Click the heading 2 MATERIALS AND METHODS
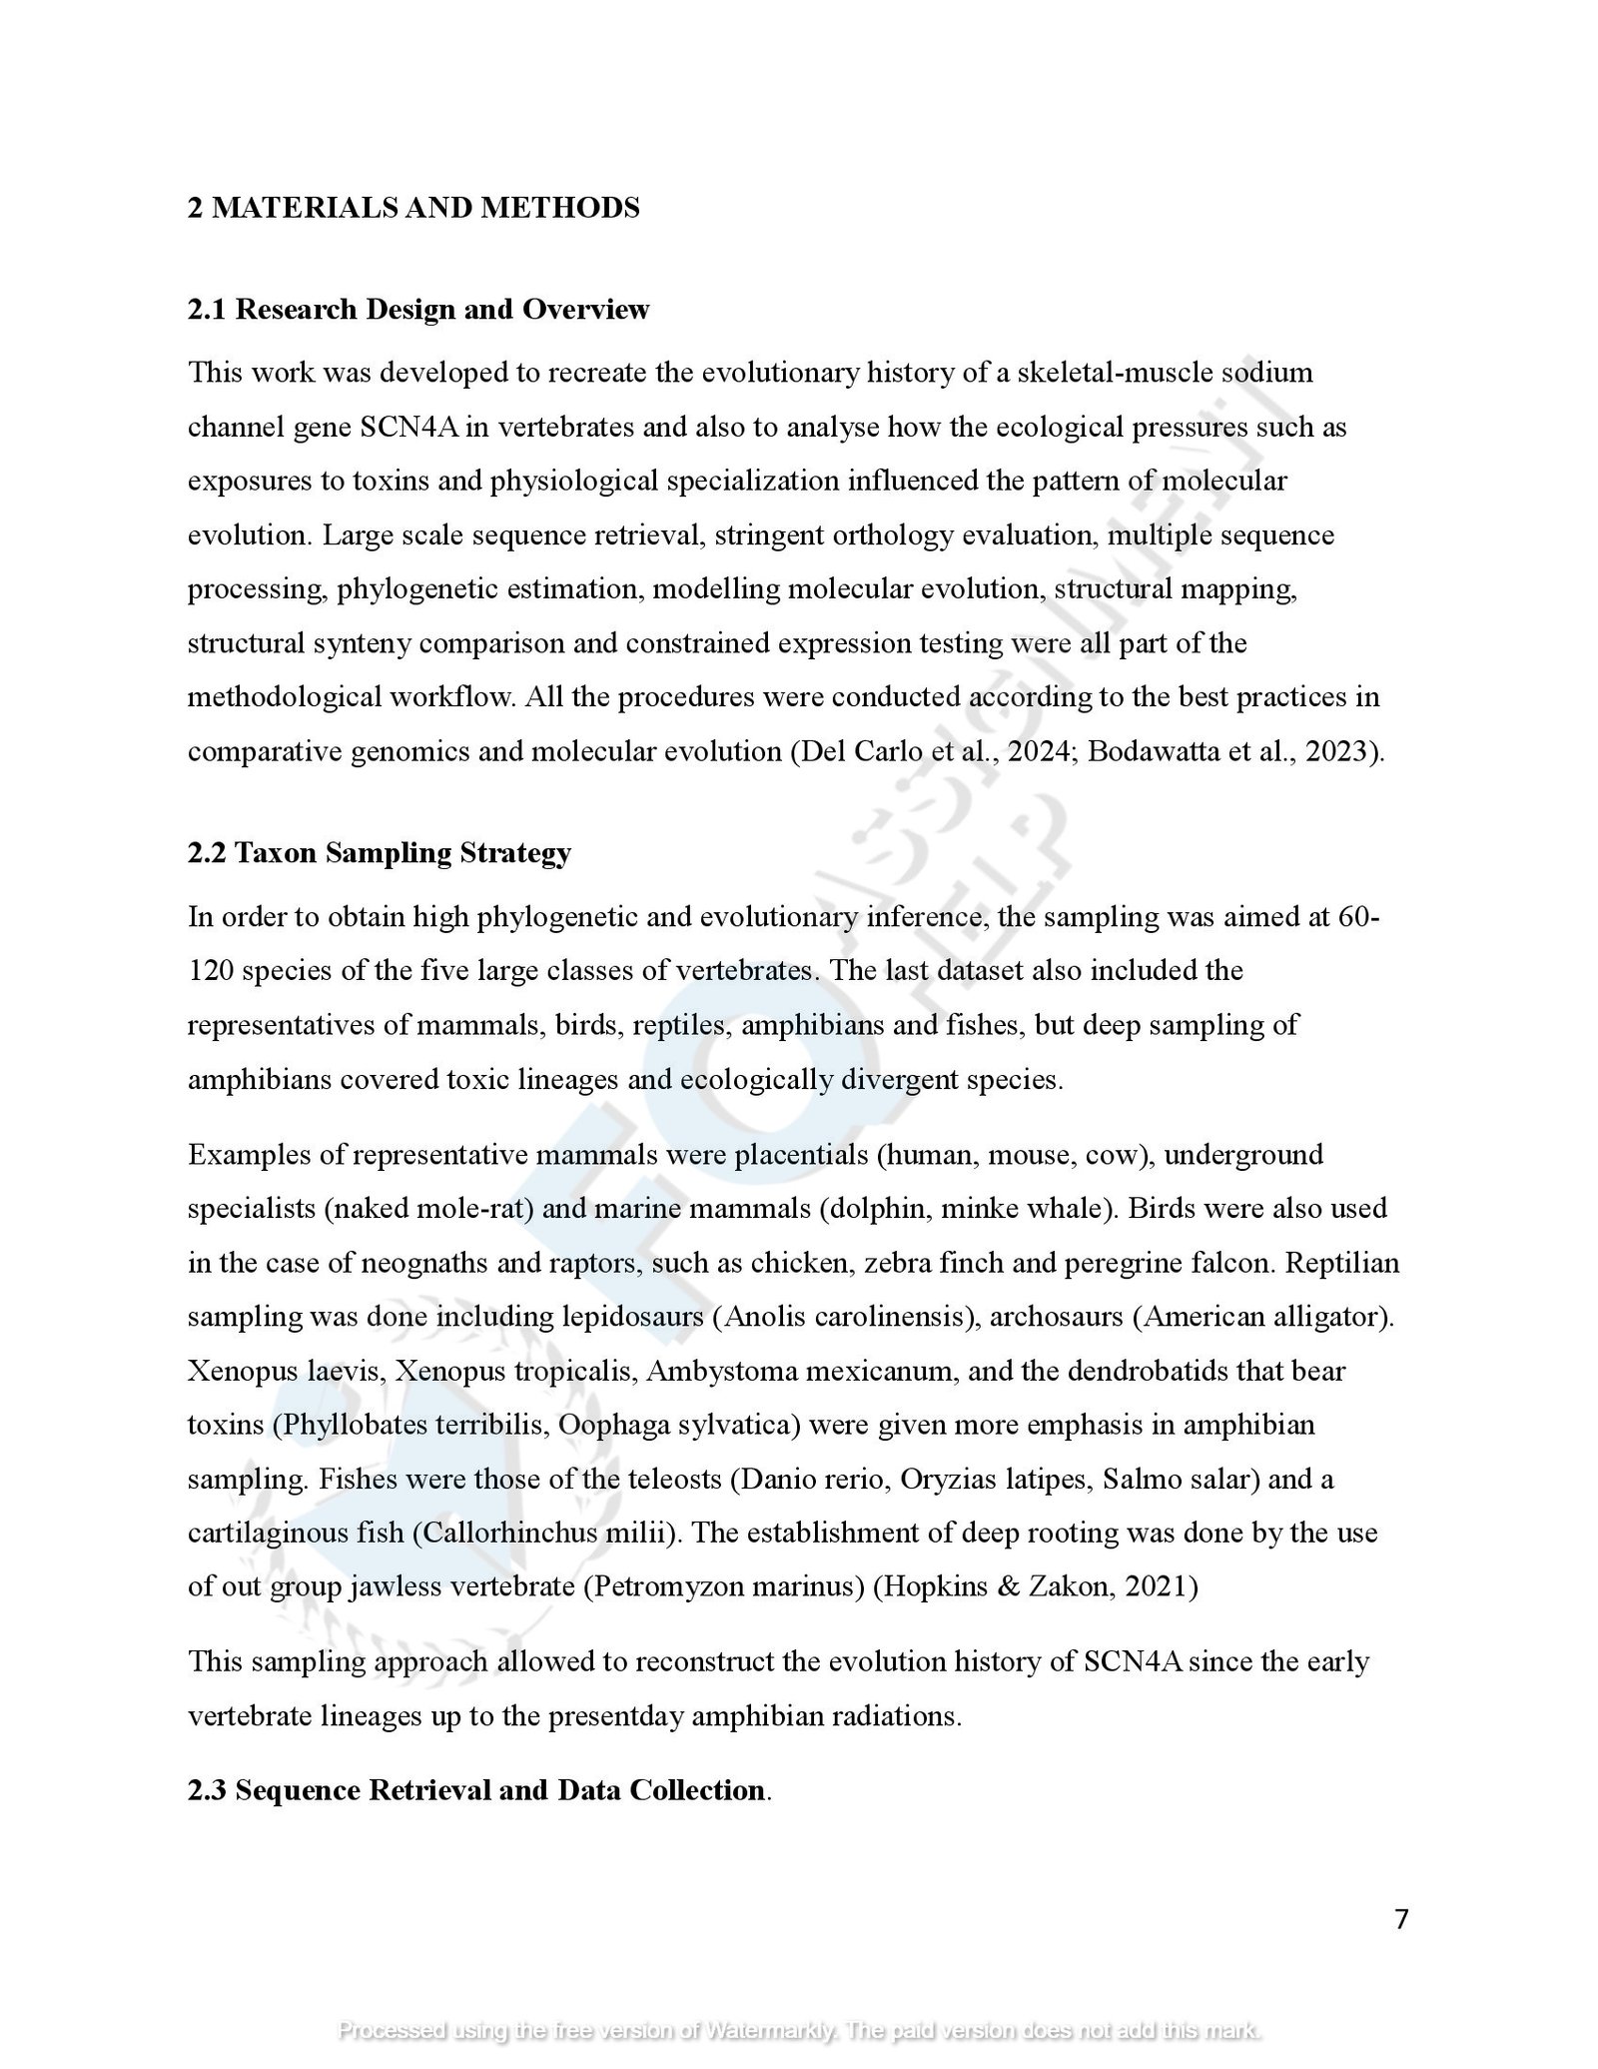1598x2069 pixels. coord(413,208)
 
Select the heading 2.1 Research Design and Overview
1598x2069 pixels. coord(417,310)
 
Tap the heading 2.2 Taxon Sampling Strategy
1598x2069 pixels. coord(380,853)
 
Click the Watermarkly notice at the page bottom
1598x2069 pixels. coord(799,2030)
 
